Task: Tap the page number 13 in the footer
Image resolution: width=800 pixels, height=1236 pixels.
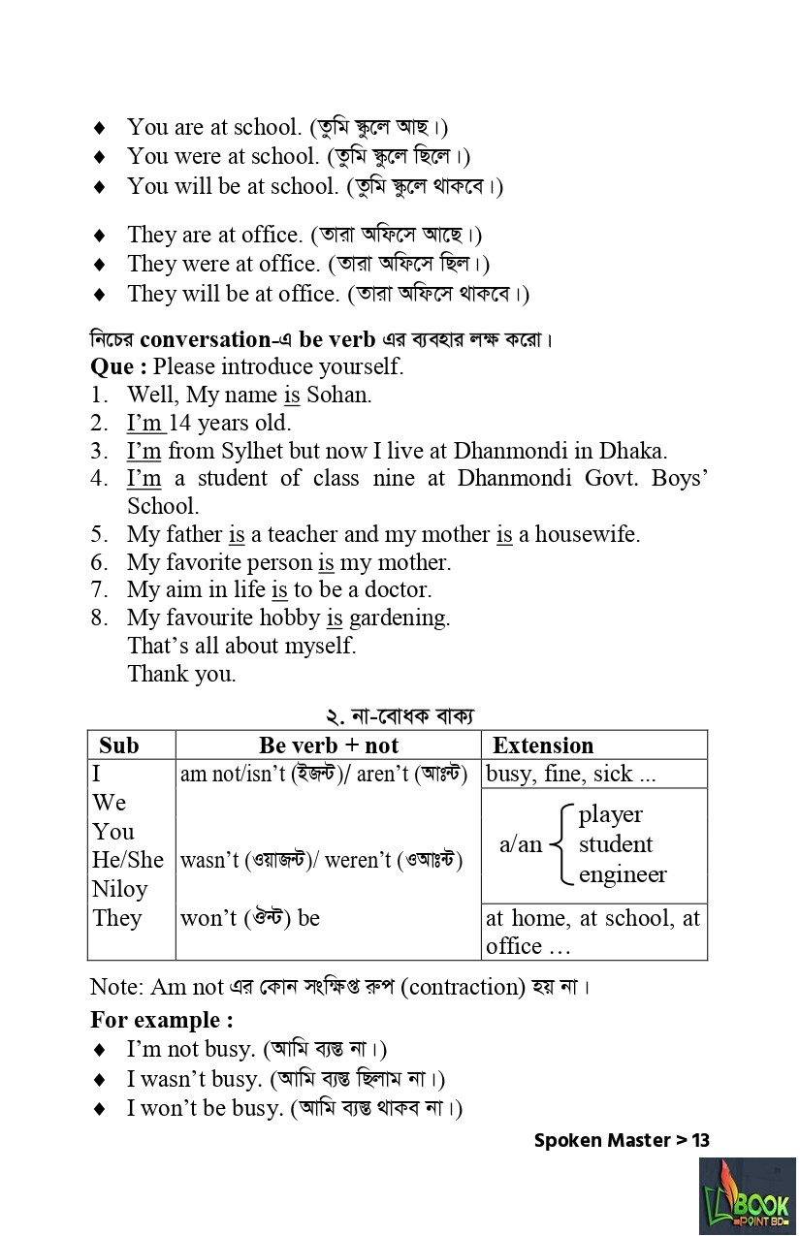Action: (x=700, y=1140)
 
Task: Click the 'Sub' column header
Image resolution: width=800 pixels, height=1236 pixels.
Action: (x=119, y=745)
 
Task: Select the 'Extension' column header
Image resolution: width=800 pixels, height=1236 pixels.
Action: (x=543, y=745)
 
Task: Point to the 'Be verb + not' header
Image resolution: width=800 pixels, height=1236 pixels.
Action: (x=329, y=745)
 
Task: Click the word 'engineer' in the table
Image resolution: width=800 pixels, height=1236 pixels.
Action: (x=623, y=874)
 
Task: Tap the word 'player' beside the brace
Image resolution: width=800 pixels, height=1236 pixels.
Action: (x=611, y=814)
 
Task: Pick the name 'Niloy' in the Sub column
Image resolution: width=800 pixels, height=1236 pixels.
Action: (x=120, y=889)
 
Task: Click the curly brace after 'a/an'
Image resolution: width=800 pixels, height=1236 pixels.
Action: (x=561, y=844)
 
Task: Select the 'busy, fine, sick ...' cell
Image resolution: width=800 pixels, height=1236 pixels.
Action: (x=571, y=774)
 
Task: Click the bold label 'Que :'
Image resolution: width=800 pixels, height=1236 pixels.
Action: (x=118, y=366)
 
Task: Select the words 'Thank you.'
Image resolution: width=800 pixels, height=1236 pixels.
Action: (x=181, y=674)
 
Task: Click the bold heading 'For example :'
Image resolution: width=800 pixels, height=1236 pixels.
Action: (x=162, y=1020)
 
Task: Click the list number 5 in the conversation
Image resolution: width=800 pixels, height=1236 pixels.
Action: (x=99, y=534)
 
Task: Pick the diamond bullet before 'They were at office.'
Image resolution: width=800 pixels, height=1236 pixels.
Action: (x=99, y=265)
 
